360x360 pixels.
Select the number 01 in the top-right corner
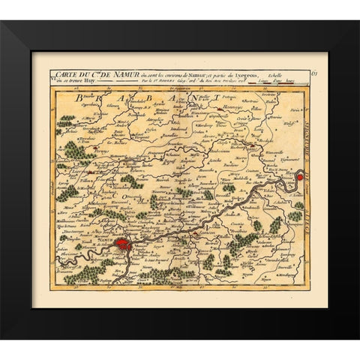pyautogui.click(x=316, y=73)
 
